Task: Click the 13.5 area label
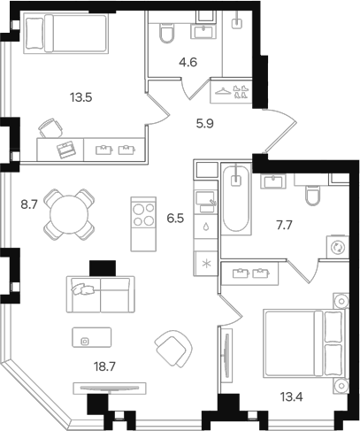(81, 97)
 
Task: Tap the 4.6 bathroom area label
(188, 63)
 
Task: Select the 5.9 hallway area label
(205, 124)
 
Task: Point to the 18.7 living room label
(104, 367)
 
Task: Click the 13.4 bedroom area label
(292, 397)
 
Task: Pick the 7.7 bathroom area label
(284, 226)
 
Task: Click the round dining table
(69, 214)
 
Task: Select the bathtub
(236, 199)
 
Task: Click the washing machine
(338, 247)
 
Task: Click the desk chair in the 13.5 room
(50, 128)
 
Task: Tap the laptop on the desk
(66, 150)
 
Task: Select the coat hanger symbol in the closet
(223, 91)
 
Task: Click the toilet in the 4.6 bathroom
(166, 33)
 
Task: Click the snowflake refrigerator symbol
(206, 264)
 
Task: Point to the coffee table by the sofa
(92, 337)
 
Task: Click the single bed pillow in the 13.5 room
(34, 32)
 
